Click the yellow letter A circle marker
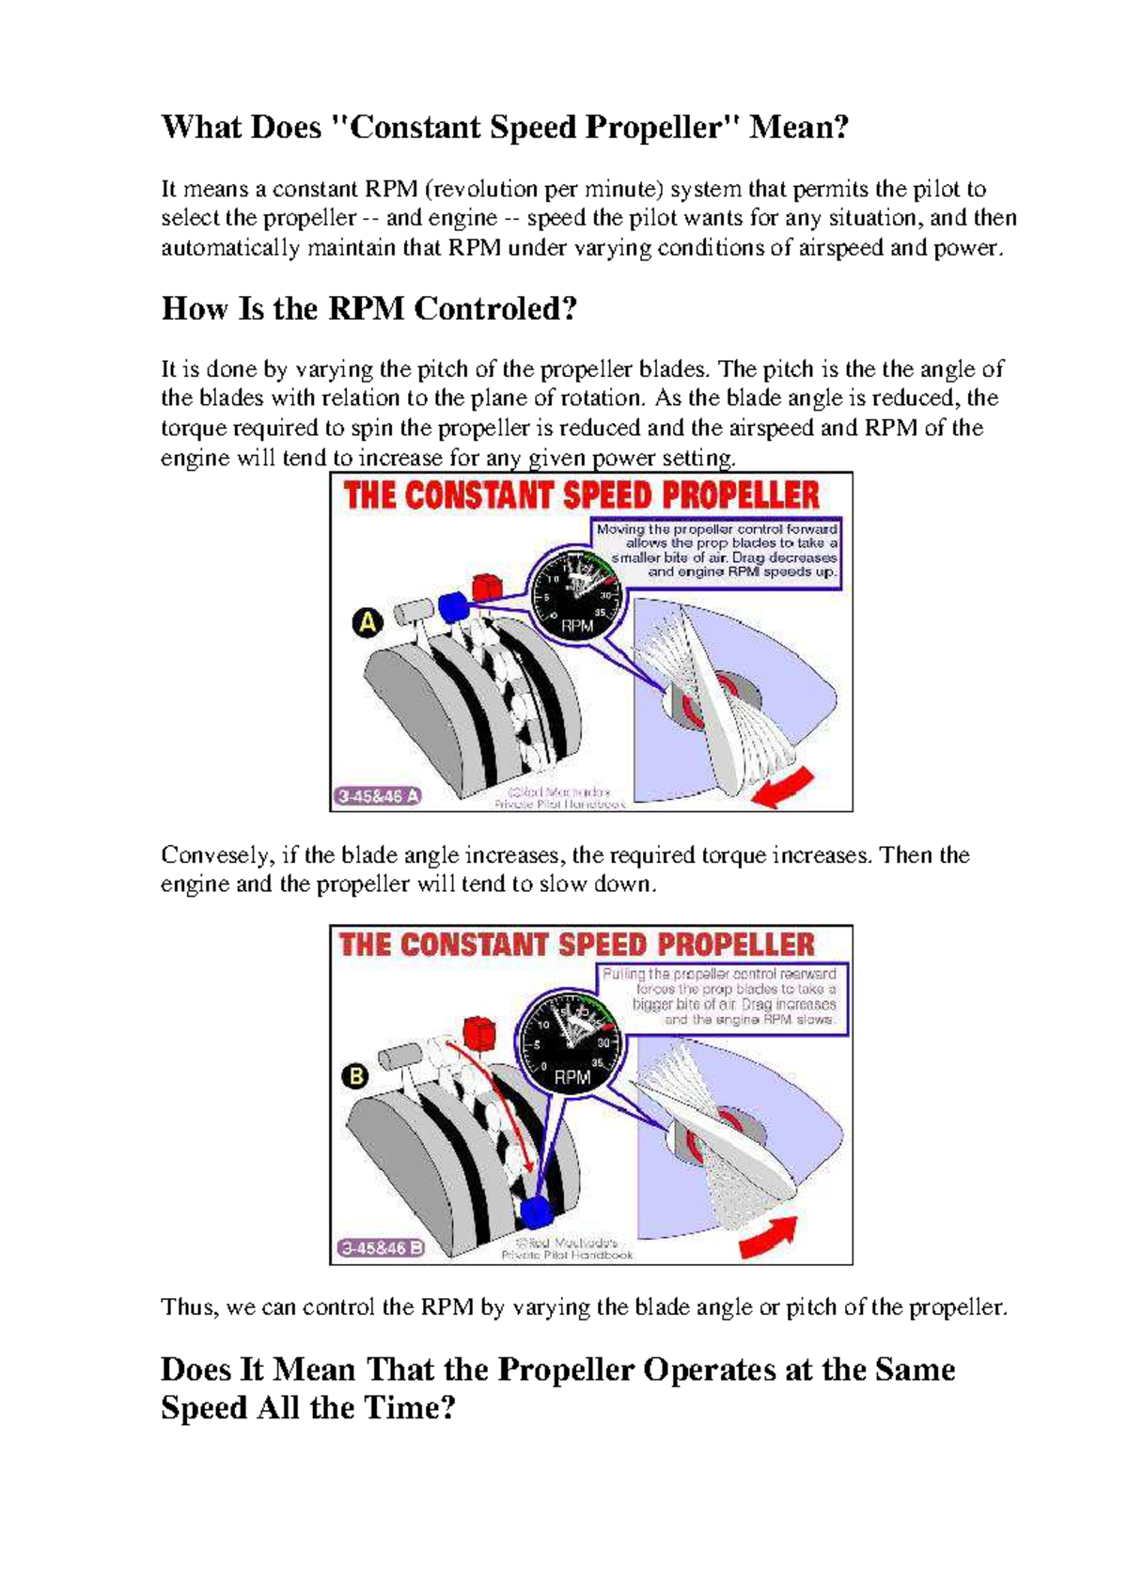(368, 621)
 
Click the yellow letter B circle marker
(356, 1075)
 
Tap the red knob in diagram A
(486, 587)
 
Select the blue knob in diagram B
(536, 1211)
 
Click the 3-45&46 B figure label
(382, 1248)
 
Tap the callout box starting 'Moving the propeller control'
(716, 551)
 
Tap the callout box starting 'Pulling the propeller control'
(735, 997)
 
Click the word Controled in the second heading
(494, 308)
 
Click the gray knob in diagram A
(411, 613)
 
